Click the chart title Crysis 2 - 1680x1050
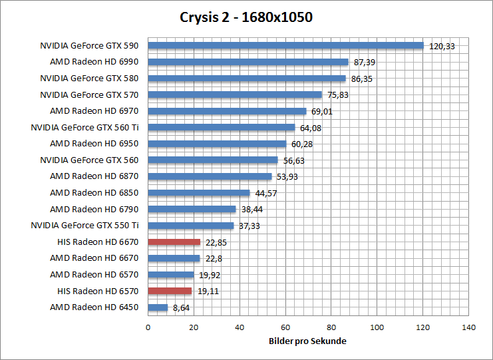pos(246,17)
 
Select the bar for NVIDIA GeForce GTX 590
pos(285,46)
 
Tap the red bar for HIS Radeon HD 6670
pos(174,242)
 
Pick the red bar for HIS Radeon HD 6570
pos(170,291)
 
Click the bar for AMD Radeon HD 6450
pos(158,307)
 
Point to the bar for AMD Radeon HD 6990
pos(247,62)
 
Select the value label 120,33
pos(442,47)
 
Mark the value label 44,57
pos(266,194)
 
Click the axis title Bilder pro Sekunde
pos(308,341)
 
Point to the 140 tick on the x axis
pos(468,327)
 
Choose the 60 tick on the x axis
pos(285,327)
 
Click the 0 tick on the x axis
pos(148,327)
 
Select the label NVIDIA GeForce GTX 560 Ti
pos(84,127)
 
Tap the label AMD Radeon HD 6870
pos(94,176)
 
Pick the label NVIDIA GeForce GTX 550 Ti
pos(84,226)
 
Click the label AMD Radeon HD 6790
pos(94,209)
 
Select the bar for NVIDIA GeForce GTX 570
pos(234,94)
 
